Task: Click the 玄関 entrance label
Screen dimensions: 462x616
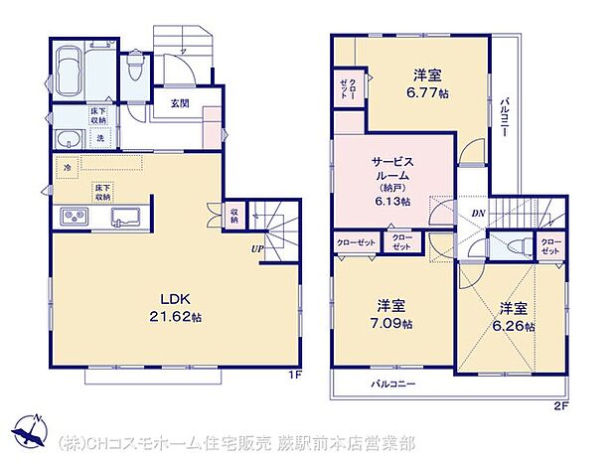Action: [x=180, y=103]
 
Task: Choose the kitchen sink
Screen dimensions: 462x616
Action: [x=127, y=217]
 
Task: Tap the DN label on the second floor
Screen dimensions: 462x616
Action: [x=477, y=213]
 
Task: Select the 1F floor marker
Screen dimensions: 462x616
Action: [x=294, y=375]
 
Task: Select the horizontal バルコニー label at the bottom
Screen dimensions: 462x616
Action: [x=394, y=384]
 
